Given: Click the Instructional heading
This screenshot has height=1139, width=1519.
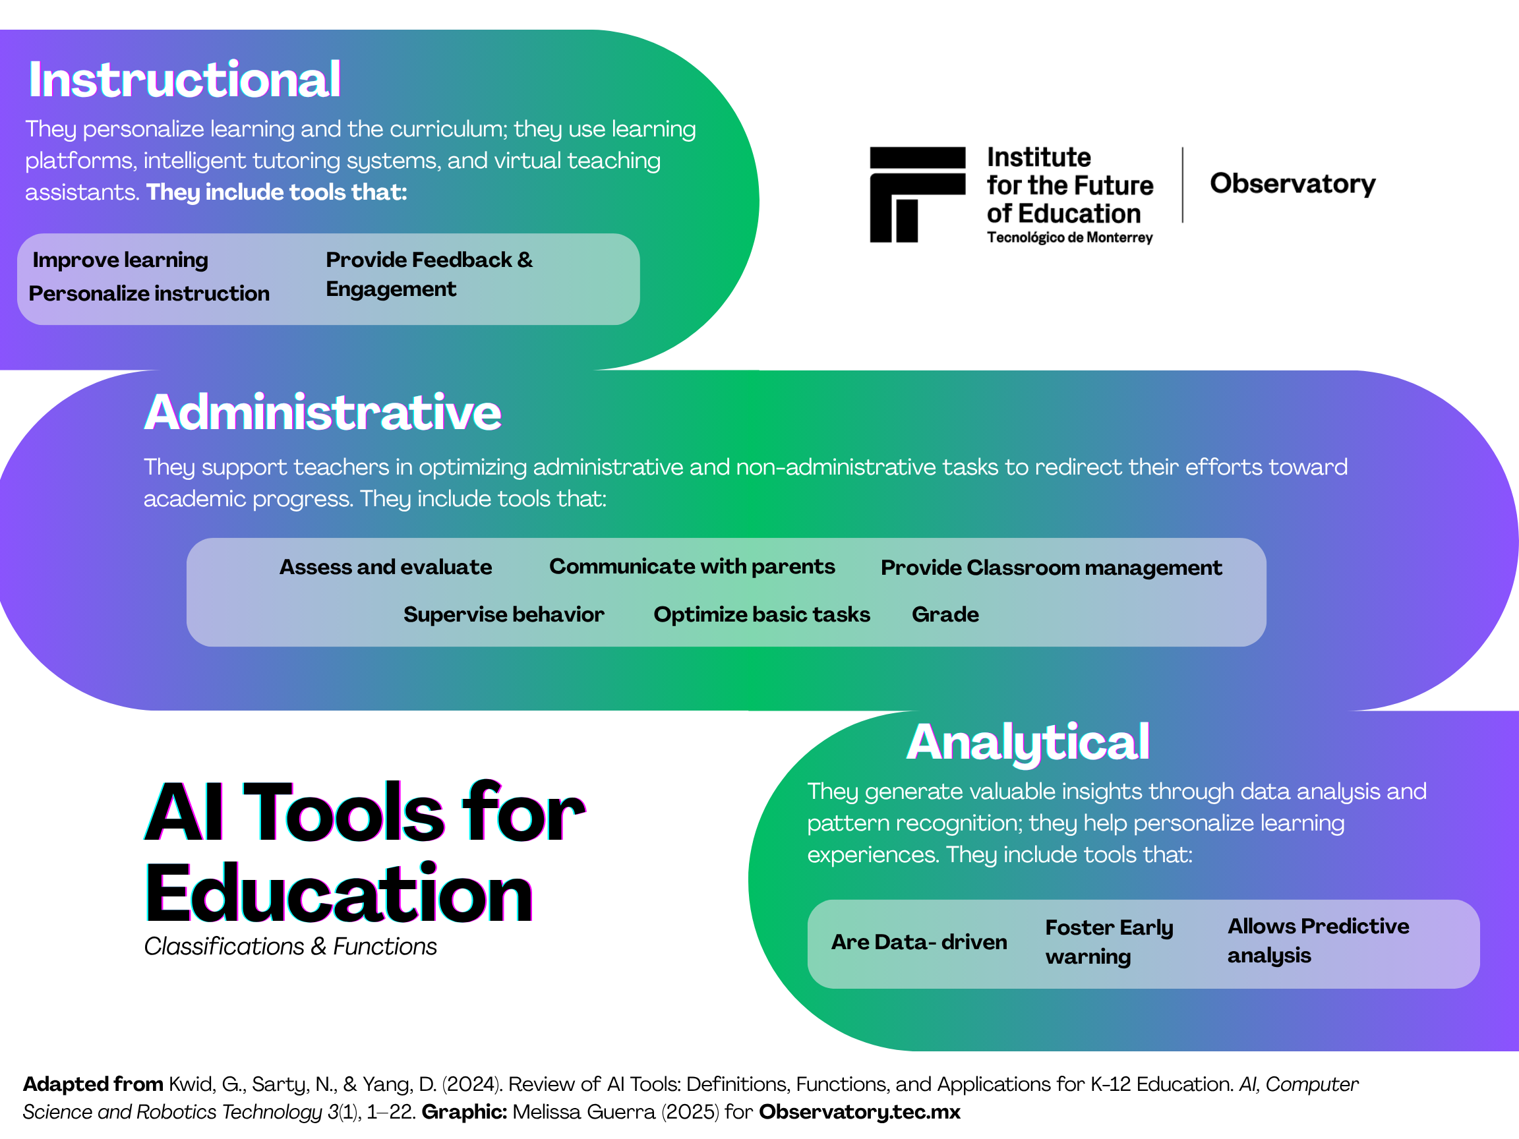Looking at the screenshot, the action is [184, 80].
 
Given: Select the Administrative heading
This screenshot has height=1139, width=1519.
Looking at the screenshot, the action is [323, 412].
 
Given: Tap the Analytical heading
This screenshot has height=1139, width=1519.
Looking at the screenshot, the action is [1028, 743].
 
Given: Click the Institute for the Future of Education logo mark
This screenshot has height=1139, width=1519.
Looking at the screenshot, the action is [918, 194].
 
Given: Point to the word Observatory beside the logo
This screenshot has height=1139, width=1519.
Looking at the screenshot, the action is [1292, 184].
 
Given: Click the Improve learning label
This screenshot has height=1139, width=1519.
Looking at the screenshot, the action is [120, 260].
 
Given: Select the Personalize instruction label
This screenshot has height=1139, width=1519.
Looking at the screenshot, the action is [149, 293].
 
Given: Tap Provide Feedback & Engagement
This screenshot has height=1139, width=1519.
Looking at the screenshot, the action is [429, 275].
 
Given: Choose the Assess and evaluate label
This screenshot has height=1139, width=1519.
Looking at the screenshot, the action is [385, 567].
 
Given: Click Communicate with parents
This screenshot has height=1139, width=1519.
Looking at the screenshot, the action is [692, 566].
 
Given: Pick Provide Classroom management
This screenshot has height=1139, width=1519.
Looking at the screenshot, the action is [1052, 568].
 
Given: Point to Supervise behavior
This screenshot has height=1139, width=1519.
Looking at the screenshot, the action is [504, 614].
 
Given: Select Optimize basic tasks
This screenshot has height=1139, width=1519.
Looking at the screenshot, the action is [761, 614].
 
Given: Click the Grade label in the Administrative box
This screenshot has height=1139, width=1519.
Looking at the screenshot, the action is [945, 614].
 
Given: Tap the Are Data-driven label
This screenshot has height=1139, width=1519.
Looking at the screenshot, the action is [919, 942].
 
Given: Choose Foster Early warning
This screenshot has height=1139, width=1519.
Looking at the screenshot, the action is [1109, 942].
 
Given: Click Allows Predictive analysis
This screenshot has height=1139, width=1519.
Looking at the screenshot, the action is [1319, 941].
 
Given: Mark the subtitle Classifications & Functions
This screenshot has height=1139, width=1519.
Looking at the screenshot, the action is [291, 947].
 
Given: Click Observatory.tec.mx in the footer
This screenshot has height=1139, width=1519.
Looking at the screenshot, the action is [859, 1112].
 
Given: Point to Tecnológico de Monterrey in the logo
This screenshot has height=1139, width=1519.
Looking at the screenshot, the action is [1070, 237].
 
